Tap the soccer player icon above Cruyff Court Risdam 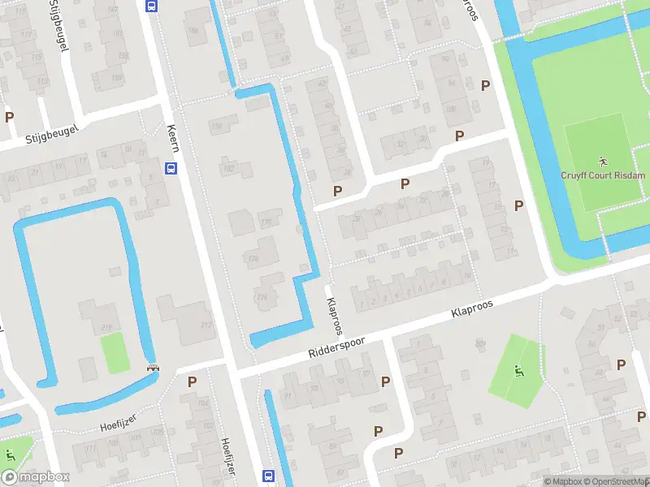pyautogui.click(x=602, y=160)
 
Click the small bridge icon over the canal pyautogui.click(x=152, y=367)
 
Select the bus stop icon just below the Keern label pyautogui.click(x=171, y=168)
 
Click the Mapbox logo pyautogui.click(x=36, y=477)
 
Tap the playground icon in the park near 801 pyautogui.click(x=518, y=372)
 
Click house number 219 pyautogui.click(x=106, y=327)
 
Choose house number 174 pyautogui.click(x=262, y=298)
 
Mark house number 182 pyautogui.click(x=228, y=168)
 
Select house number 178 pyautogui.click(x=266, y=222)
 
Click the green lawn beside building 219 pyautogui.click(x=115, y=353)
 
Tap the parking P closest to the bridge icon pyautogui.click(x=193, y=381)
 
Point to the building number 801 pyautogui.click(x=481, y=344)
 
